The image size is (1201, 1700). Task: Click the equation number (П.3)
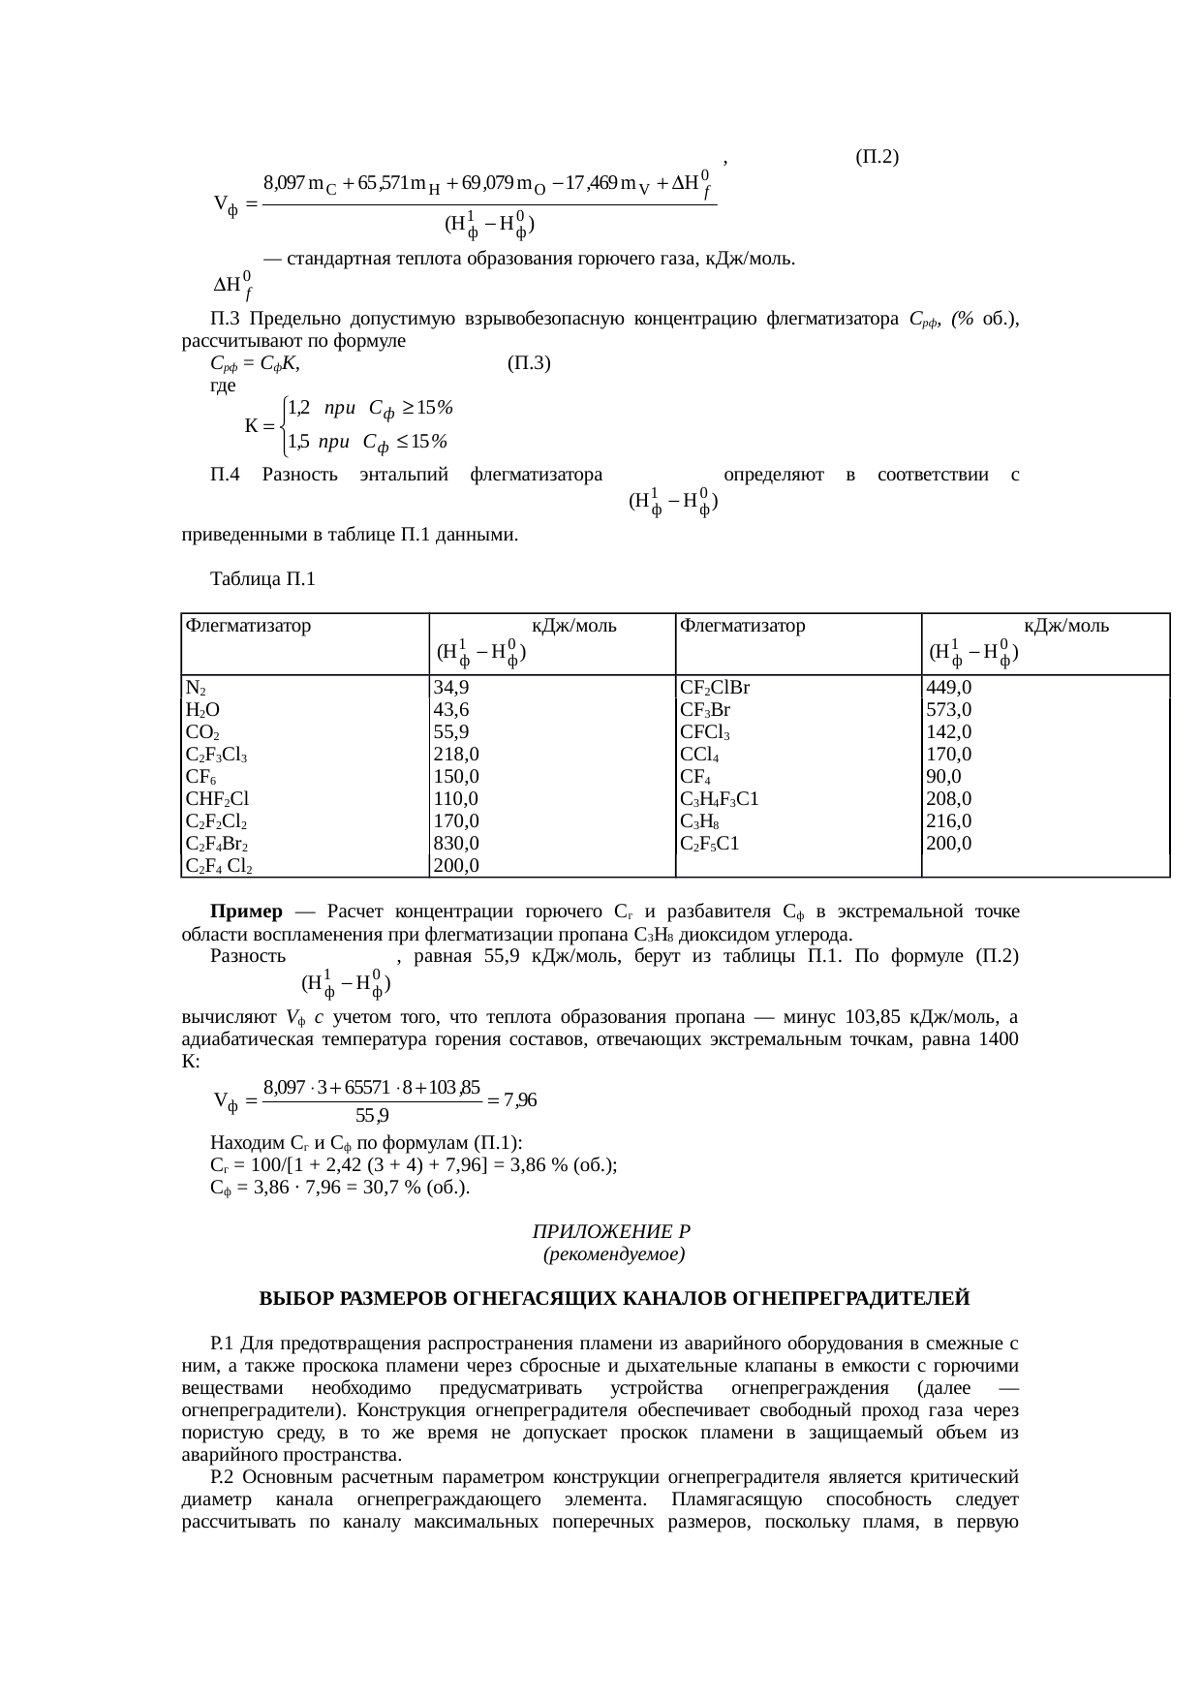[x=529, y=363]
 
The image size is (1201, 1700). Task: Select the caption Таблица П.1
[x=262, y=579]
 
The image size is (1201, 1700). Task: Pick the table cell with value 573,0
[x=948, y=710]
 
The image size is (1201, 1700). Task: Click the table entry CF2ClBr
[x=716, y=689]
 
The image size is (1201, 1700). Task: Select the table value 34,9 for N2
[x=452, y=689]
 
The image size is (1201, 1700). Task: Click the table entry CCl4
[x=699, y=755]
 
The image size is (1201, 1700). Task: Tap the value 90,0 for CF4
[x=943, y=777]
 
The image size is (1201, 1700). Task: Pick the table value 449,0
[x=949, y=689]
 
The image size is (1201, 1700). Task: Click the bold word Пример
[x=247, y=912]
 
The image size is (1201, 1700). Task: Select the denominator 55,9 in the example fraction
[x=372, y=1116]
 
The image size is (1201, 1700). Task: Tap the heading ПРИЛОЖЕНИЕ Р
[x=611, y=1232]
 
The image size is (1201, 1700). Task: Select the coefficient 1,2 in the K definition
[x=298, y=408]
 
